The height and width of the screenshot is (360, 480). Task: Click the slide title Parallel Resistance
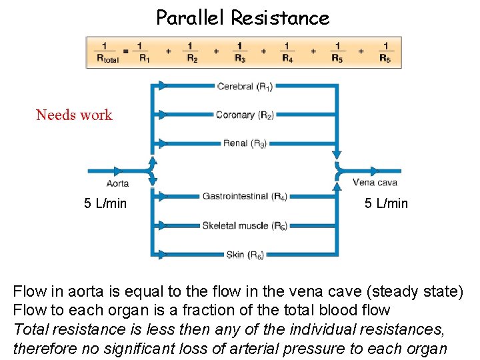pyautogui.click(x=242, y=17)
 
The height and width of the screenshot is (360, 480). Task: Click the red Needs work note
pyautogui.click(x=74, y=115)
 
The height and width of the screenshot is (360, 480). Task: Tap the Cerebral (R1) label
pyautogui.click(x=245, y=86)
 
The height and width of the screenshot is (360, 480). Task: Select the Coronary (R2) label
pyautogui.click(x=244, y=115)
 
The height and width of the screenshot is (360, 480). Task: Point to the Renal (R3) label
pyautogui.click(x=245, y=143)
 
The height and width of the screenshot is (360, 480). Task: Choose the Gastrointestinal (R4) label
pyautogui.click(x=245, y=197)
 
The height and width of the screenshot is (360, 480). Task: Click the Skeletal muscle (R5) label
pyautogui.click(x=245, y=225)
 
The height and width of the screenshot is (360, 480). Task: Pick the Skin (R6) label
pyautogui.click(x=245, y=255)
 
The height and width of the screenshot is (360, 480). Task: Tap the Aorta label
pyautogui.click(x=117, y=183)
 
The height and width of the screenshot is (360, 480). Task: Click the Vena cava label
pyautogui.click(x=374, y=183)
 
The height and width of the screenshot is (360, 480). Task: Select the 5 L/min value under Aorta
pyautogui.click(x=105, y=203)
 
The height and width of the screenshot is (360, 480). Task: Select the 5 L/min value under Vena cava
pyautogui.click(x=386, y=203)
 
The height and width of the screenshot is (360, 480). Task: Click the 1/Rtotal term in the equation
pyautogui.click(x=104, y=51)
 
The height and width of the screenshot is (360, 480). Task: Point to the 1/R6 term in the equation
pyautogui.click(x=385, y=51)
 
